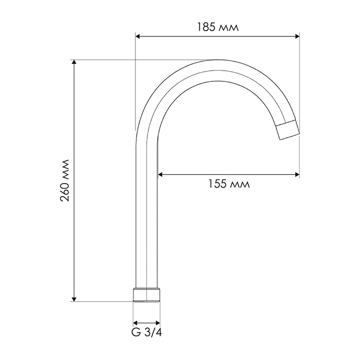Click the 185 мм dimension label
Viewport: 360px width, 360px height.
coord(218,27)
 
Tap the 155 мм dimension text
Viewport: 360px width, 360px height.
coord(229,184)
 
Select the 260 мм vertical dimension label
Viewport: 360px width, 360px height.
coord(65,180)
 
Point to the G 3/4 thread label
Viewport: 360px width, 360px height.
coord(147,332)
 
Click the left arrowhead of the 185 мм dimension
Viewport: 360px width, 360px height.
coord(138,36)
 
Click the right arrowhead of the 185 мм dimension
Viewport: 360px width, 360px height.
coord(297,36)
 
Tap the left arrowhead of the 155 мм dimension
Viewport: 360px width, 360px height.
coord(160,175)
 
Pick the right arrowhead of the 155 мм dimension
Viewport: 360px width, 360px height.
coord(297,175)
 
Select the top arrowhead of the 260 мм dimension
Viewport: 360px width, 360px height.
coord(74,62)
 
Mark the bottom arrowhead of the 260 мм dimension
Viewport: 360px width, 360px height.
coord(74,299)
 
